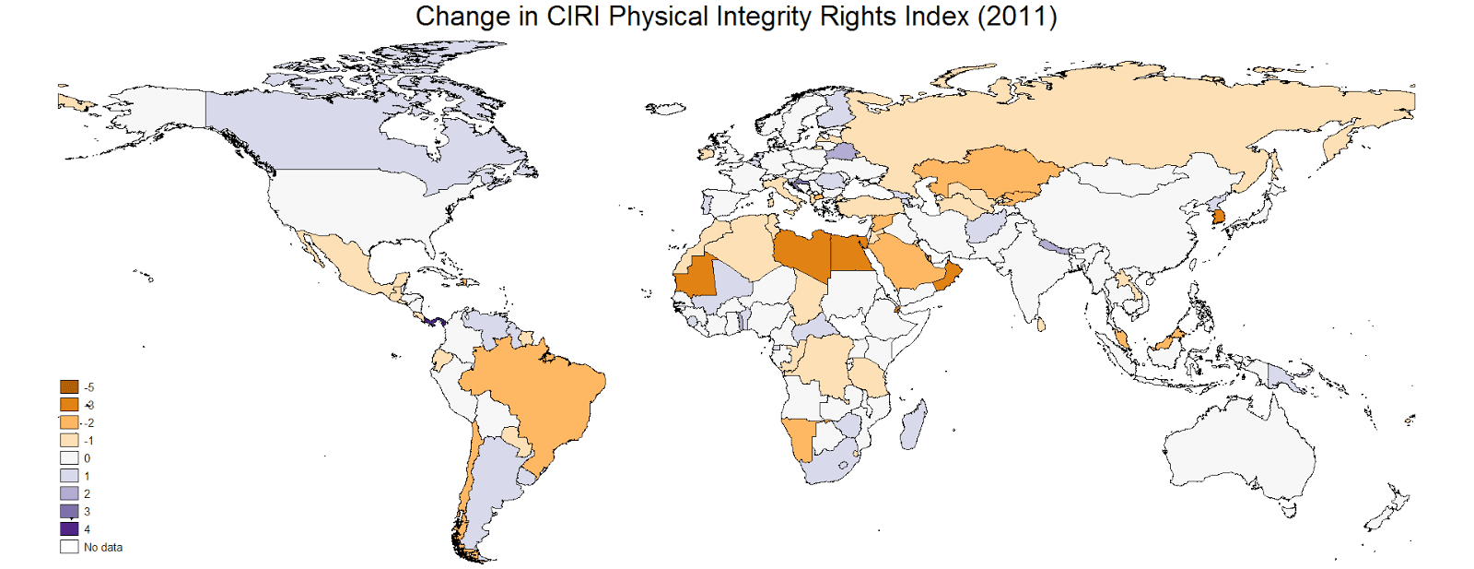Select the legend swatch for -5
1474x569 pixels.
click(69, 387)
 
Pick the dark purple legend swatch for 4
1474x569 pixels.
click(69, 529)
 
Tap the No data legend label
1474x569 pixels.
click(102, 547)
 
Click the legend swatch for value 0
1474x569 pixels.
click(69, 458)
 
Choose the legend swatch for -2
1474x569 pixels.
click(69, 422)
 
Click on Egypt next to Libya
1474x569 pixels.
click(852, 254)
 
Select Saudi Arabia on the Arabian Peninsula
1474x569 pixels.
click(907, 263)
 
